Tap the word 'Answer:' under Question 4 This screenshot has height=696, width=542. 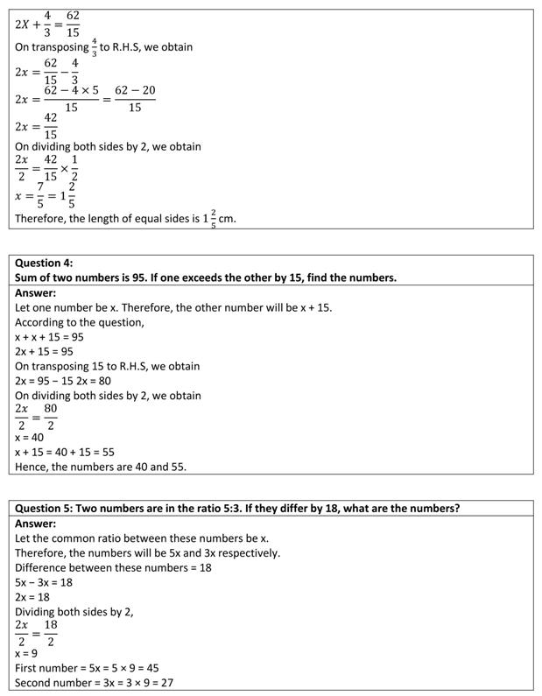pyautogui.click(x=36, y=293)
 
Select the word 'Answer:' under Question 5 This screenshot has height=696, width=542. pyautogui.click(x=36, y=524)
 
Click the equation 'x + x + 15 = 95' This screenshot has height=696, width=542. pyautogui.click(x=49, y=337)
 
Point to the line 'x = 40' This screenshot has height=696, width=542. pyautogui.click(x=30, y=437)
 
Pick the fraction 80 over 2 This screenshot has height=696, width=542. pyautogui.click(x=51, y=417)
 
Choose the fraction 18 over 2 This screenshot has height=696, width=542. pyautogui.click(x=51, y=633)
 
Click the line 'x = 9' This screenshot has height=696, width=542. pyautogui.click(x=26, y=653)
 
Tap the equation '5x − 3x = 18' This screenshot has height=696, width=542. pyautogui.click(x=44, y=581)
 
